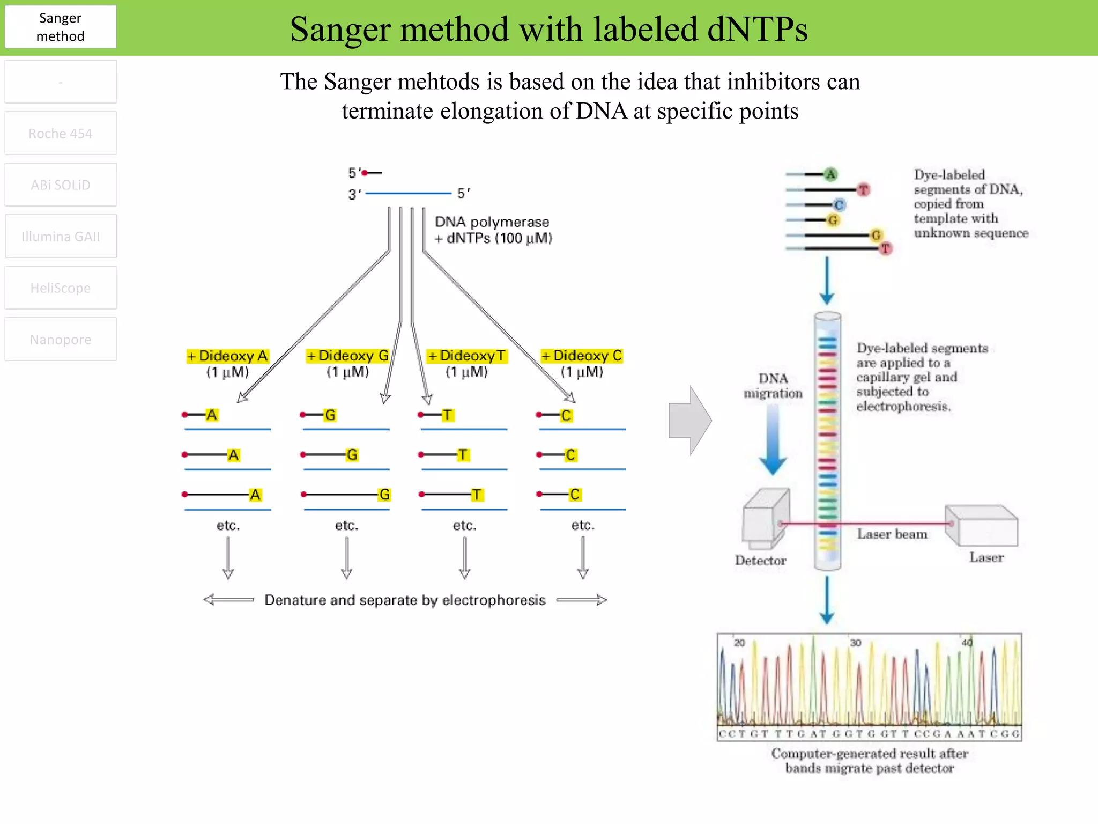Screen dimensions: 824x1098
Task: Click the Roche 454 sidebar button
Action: point(61,133)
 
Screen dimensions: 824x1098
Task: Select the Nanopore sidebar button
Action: point(61,339)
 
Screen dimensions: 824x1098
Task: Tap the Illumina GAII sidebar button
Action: point(61,236)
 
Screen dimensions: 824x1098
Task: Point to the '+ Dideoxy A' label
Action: point(227,356)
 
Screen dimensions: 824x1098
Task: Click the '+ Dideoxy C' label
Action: point(582,356)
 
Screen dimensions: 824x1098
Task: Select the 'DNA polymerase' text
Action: point(492,222)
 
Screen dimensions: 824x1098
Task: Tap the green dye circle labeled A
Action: point(830,174)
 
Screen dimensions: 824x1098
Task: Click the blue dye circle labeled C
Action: point(839,204)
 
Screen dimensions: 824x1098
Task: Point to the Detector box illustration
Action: point(765,518)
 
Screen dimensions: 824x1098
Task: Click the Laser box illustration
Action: point(982,526)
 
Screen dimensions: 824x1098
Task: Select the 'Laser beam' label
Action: point(892,534)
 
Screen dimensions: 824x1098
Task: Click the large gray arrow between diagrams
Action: point(690,420)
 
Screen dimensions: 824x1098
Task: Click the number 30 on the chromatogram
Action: point(855,643)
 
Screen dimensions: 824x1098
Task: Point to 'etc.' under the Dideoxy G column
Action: point(346,525)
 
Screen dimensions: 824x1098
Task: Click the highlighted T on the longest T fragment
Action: point(477,495)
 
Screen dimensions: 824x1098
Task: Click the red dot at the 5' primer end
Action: point(365,173)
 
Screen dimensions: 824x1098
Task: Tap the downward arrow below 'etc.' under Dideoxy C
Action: point(583,558)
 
